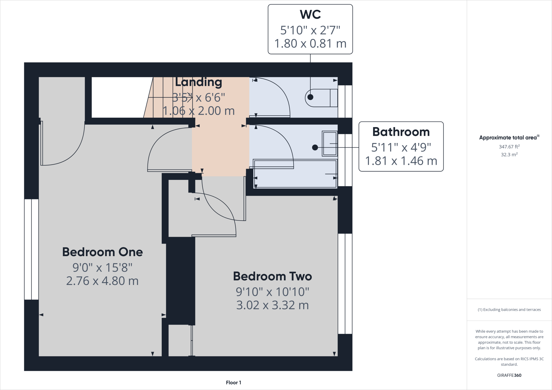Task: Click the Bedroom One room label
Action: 102,252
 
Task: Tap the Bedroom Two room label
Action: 272,276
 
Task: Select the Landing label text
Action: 199,82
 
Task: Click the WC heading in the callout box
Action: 310,15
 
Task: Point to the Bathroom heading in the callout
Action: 401,132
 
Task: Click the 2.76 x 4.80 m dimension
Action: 102,281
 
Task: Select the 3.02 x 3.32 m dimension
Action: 272,305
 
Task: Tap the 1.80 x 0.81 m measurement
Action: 310,44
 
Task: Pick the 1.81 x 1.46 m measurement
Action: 401,161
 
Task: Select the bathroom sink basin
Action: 330,144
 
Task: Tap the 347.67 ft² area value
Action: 509,147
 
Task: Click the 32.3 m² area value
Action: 509,155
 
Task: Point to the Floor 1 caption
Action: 233,382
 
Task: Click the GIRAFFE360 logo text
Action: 509,375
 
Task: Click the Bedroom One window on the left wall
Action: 32,249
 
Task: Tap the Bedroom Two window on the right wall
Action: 345,284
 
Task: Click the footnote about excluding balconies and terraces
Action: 509,310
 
